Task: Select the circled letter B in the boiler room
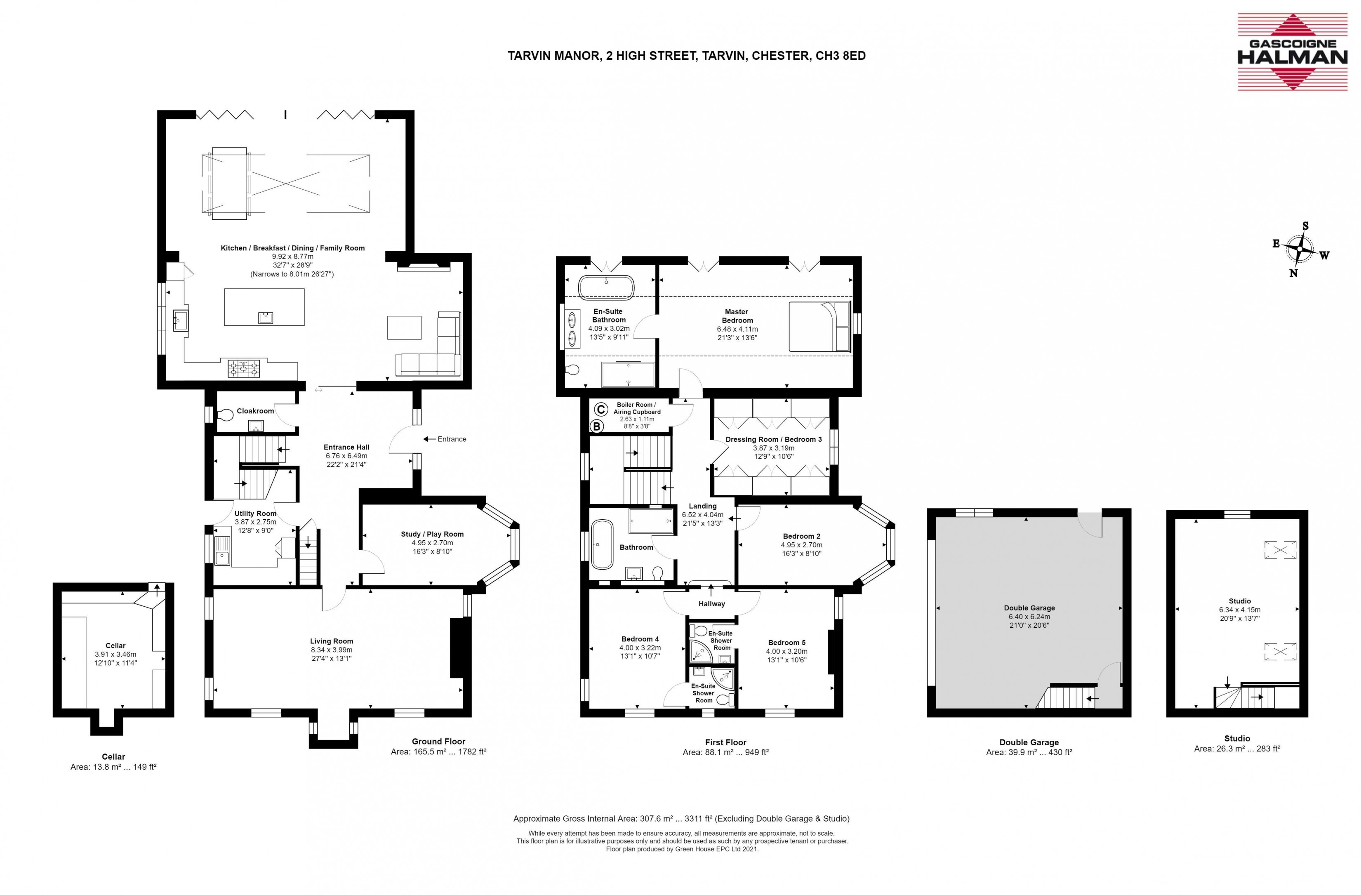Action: pos(596,426)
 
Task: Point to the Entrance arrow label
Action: pos(445,439)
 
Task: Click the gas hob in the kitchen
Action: pos(244,368)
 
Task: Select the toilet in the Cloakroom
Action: pos(225,413)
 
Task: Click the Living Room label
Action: pos(332,641)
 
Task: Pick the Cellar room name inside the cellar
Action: pos(115,645)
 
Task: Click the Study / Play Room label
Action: pos(432,534)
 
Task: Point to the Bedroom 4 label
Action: pos(640,639)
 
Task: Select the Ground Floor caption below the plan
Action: pos(438,741)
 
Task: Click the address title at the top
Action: pos(687,55)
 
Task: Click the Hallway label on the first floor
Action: pos(711,604)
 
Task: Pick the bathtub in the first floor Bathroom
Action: pos(602,544)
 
